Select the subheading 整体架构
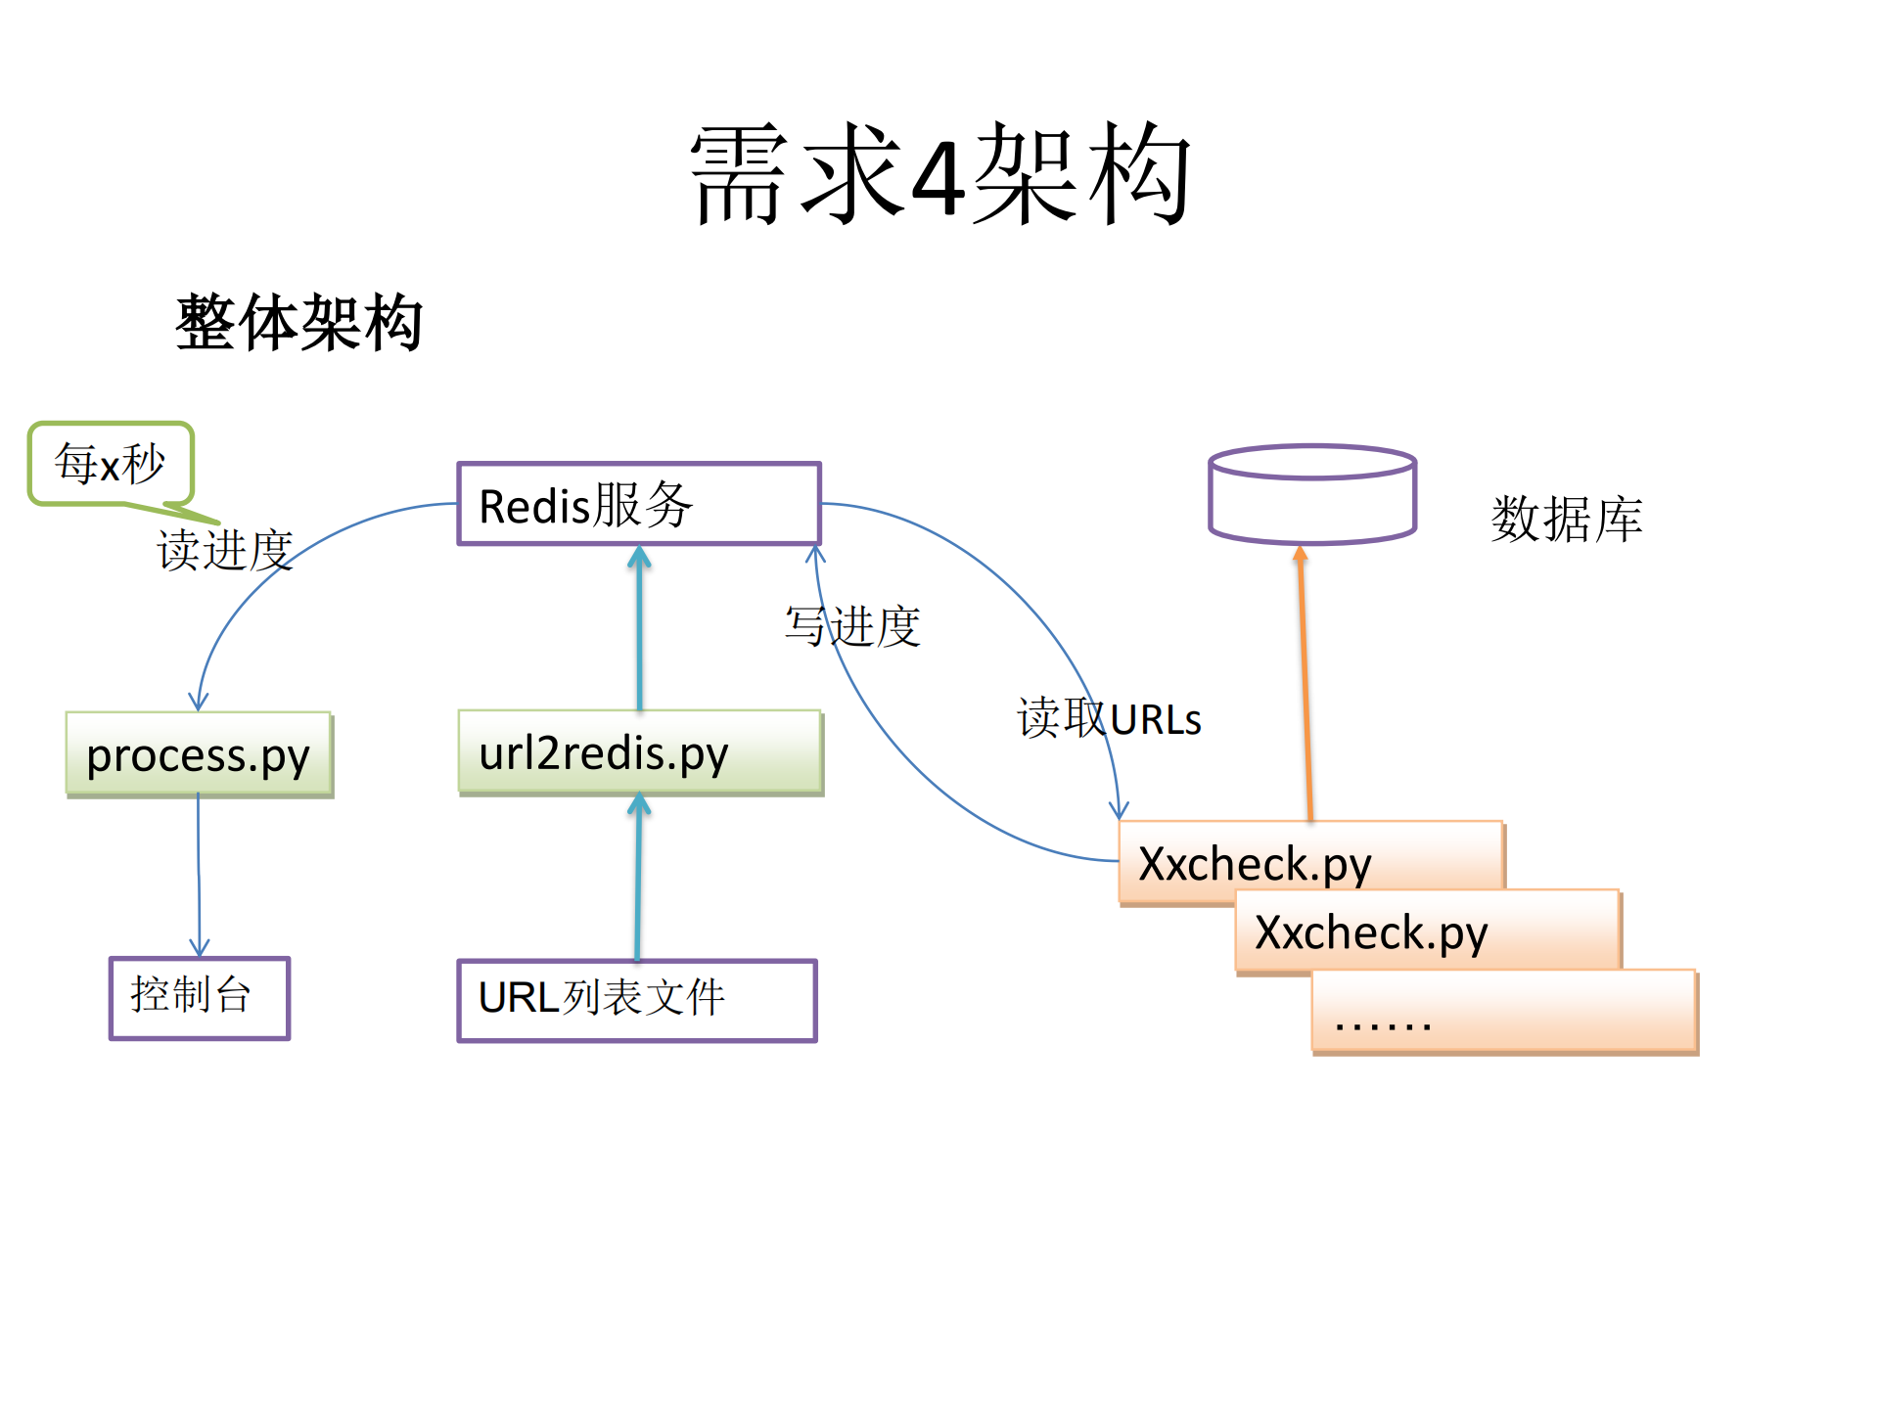tap(298, 322)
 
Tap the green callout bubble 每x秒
tap(111, 464)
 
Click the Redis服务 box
tap(638, 504)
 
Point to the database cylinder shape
tap(1311, 495)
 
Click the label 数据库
tap(1566, 519)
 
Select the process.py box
tap(199, 754)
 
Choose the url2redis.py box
tap(639, 752)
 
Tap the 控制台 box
tap(199, 997)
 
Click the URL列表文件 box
tap(636, 1000)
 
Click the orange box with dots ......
tap(1503, 1012)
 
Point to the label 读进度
tap(224, 549)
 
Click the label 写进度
tap(852, 626)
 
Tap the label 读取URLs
tap(1108, 719)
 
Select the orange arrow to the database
tap(1305, 685)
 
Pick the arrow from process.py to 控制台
tap(199, 876)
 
